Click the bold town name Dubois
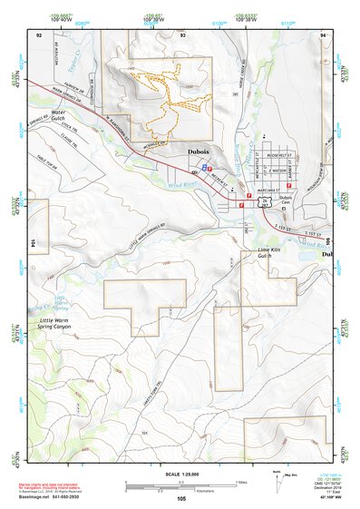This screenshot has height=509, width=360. tap(201, 152)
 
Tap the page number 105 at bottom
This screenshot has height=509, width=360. tap(180, 498)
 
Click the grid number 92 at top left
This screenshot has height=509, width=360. tap(39, 34)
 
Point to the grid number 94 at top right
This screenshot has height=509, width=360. tap(322, 34)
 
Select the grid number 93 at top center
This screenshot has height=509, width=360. tap(182, 34)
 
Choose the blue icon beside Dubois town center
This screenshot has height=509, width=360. tap(207, 168)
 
